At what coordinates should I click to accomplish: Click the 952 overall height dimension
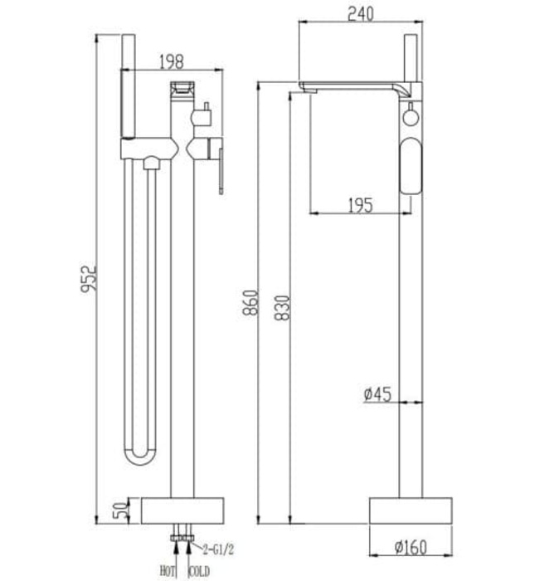(90, 278)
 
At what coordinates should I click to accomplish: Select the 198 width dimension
(171, 61)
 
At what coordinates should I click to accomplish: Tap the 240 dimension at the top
(360, 14)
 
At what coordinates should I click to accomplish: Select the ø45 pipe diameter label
(377, 395)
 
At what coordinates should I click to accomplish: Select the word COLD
(199, 570)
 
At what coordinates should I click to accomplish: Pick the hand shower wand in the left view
(129, 87)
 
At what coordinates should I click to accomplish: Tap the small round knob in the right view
(409, 116)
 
